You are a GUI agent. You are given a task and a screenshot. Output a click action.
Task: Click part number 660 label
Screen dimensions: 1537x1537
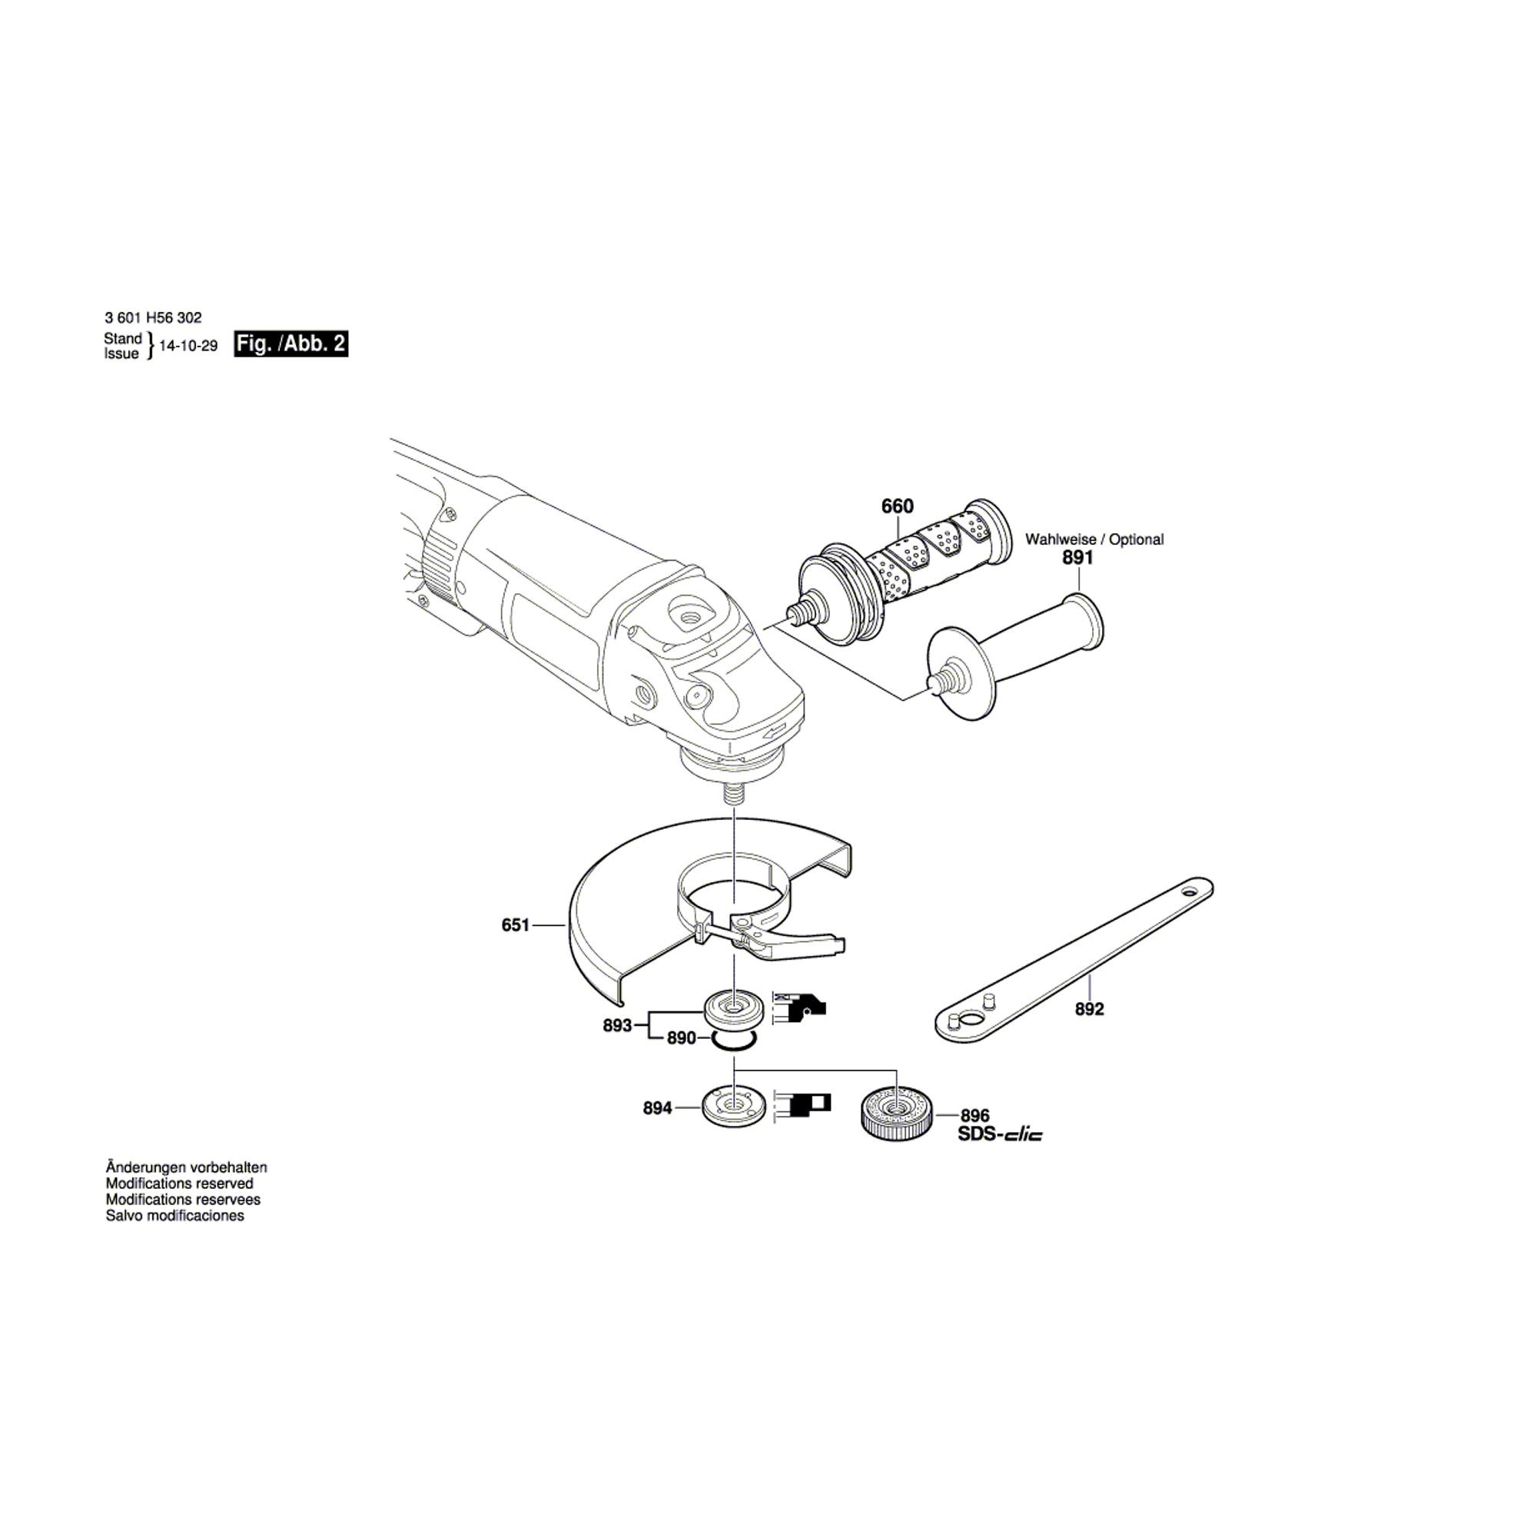[898, 506]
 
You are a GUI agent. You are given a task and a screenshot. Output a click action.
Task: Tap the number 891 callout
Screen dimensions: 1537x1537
[1078, 559]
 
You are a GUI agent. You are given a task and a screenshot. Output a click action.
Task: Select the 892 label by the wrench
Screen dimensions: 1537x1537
[1089, 1010]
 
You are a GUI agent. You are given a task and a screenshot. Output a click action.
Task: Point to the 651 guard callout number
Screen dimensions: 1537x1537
[516, 925]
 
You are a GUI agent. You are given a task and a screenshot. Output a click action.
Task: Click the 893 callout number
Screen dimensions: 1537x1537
[617, 1025]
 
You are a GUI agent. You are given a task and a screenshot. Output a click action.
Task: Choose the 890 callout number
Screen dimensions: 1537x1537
[682, 1038]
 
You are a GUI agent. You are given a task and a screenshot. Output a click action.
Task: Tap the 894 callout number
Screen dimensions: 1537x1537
[658, 1108]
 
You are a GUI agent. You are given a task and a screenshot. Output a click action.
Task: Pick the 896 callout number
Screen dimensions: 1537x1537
[974, 1116]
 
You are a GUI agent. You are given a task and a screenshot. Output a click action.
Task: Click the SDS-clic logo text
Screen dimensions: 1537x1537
[1000, 1134]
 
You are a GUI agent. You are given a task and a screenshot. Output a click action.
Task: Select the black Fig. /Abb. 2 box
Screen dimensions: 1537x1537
[291, 344]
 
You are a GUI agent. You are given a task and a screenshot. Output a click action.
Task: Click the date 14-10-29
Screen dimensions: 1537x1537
[188, 346]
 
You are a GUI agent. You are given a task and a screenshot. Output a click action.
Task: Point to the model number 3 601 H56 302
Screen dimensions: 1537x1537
[153, 317]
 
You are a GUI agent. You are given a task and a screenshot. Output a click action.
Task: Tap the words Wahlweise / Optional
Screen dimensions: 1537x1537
[1094, 539]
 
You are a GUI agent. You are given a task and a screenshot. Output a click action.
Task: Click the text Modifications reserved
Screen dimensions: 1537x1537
[180, 1183]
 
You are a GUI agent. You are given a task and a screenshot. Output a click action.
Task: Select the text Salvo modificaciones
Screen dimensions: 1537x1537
[175, 1216]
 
